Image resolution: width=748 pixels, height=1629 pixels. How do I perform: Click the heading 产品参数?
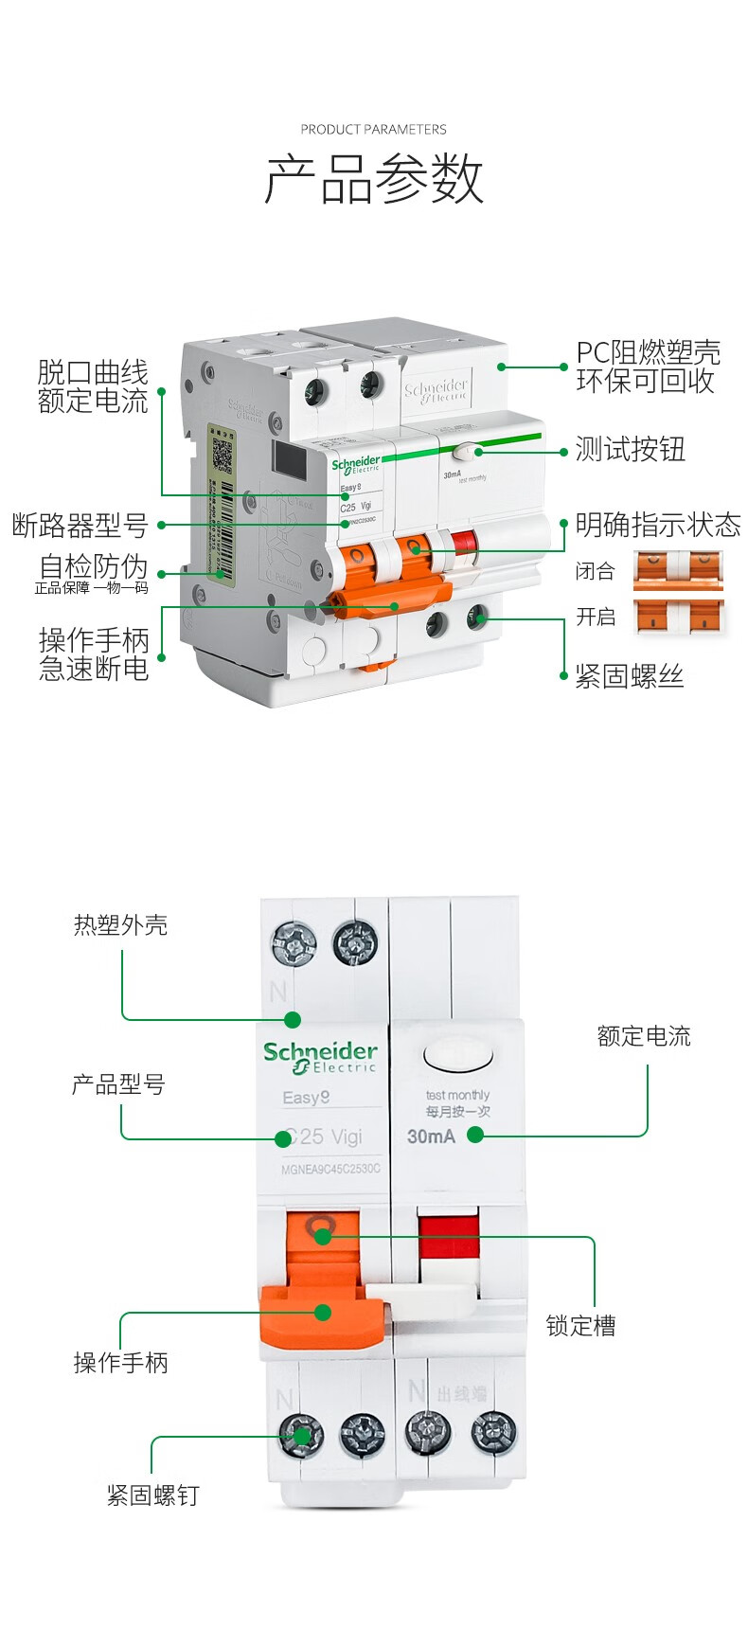tap(374, 179)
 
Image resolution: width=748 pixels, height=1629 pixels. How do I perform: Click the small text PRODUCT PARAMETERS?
tap(373, 129)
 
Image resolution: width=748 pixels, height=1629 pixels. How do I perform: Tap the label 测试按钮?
tap(630, 450)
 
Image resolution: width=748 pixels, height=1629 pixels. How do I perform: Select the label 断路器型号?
tap(80, 525)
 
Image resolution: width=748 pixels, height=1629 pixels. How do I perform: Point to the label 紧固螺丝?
tap(629, 676)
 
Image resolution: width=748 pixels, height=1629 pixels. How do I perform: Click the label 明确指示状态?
tap(657, 525)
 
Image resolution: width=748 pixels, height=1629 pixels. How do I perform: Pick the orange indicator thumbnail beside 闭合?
tap(678, 570)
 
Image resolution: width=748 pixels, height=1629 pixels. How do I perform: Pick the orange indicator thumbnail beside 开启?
tap(678, 617)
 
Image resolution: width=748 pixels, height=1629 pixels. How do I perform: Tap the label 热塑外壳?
tap(120, 925)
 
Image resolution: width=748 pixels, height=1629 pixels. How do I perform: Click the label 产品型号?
tap(118, 1084)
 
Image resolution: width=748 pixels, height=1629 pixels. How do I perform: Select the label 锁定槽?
tap(580, 1326)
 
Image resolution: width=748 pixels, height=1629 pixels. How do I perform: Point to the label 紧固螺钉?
tap(152, 1495)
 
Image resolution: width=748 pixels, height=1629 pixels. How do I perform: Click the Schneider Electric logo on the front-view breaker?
tap(320, 1057)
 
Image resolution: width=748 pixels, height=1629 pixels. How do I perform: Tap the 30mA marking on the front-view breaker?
tap(431, 1137)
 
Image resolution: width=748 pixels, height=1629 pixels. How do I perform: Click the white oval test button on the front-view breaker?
tap(459, 1056)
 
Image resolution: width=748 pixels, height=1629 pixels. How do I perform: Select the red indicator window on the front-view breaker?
tap(449, 1237)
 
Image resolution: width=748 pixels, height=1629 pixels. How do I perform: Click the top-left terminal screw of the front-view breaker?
tap(294, 944)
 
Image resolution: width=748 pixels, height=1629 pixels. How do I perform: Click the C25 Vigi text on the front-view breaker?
tap(324, 1137)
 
